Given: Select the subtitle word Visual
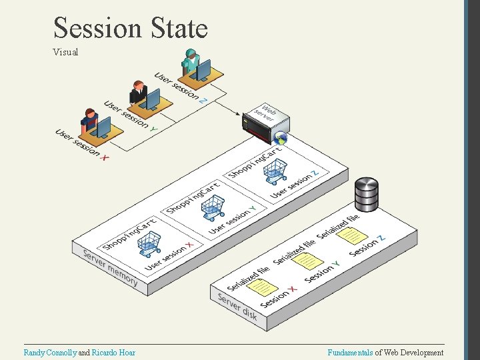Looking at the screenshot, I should [65, 51].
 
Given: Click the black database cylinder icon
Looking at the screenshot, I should [366, 193].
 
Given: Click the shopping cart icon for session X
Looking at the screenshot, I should [149, 244].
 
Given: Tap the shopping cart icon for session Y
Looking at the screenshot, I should [212, 208].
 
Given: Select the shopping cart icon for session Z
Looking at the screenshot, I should [275, 172].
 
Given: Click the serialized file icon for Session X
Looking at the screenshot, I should [266, 286].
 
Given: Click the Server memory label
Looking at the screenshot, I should [110, 268].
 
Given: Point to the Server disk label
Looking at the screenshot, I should [237, 306].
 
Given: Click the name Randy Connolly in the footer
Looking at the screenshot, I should [50, 352].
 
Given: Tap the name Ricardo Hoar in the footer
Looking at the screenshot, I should [113, 352].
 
